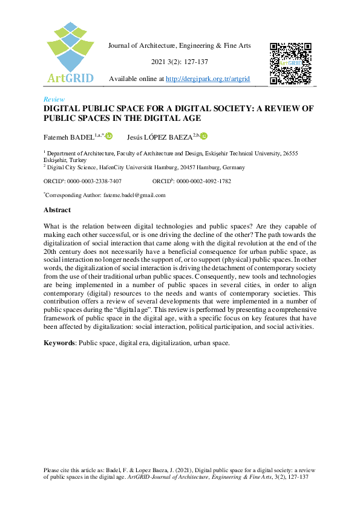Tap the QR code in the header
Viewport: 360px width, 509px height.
pyautogui.click(x=290, y=63)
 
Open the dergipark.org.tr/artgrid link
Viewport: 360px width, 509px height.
pyautogui.click(x=208, y=79)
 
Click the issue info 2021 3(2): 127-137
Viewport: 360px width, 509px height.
pyautogui.click(x=179, y=62)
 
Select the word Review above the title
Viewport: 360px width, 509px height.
pyautogui.click(x=54, y=99)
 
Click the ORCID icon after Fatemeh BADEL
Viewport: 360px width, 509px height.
pyautogui.click(x=109, y=137)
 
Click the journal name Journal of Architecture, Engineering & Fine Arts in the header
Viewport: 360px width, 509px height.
pyautogui.click(x=179, y=46)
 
